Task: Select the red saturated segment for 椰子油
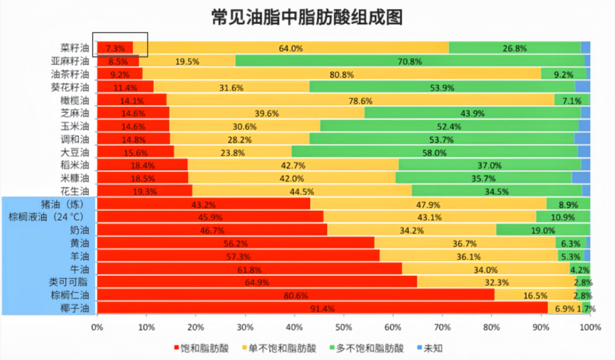click(322, 308)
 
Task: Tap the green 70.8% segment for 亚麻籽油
click(409, 61)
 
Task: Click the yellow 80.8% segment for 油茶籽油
click(342, 74)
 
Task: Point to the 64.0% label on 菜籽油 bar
click(290, 48)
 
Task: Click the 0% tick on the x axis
click(97, 328)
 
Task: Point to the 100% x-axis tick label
click(591, 328)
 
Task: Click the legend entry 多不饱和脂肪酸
click(367, 348)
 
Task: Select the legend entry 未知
click(430, 348)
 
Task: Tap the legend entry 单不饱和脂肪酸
click(280, 348)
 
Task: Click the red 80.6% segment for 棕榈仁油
click(296, 295)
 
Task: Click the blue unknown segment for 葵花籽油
click(583, 87)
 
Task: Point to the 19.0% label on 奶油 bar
click(543, 230)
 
